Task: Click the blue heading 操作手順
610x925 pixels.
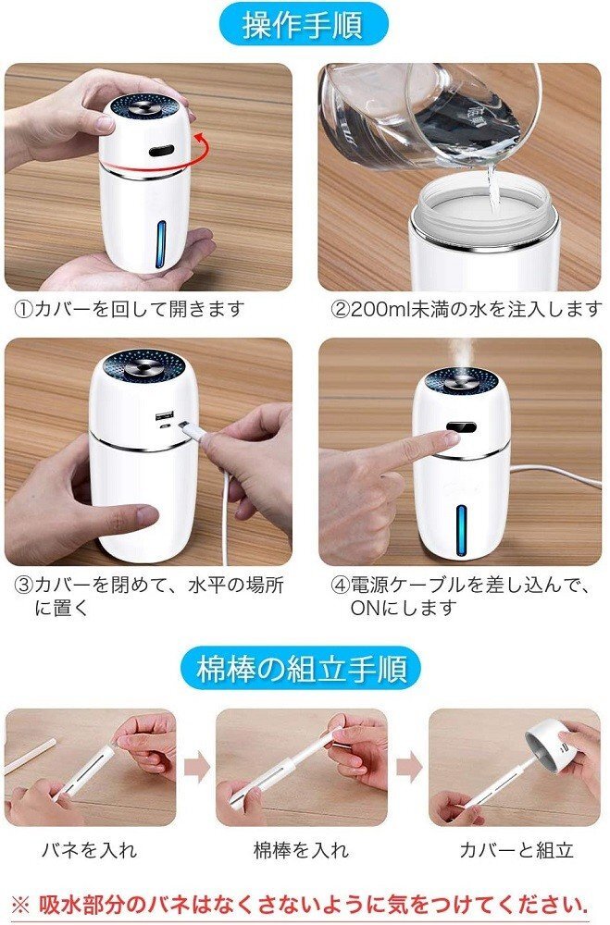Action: click(305, 26)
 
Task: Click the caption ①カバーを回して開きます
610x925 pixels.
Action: click(130, 309)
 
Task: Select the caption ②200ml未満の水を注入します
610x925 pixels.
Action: click(466, 309)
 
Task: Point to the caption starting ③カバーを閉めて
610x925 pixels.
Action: click(148, 596)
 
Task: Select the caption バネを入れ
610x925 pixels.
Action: click(88, 850)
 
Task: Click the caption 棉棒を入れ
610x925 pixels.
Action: click(302, 850)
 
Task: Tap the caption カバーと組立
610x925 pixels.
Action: click(517, 850)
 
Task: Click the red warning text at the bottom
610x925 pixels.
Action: click(302, 904)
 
